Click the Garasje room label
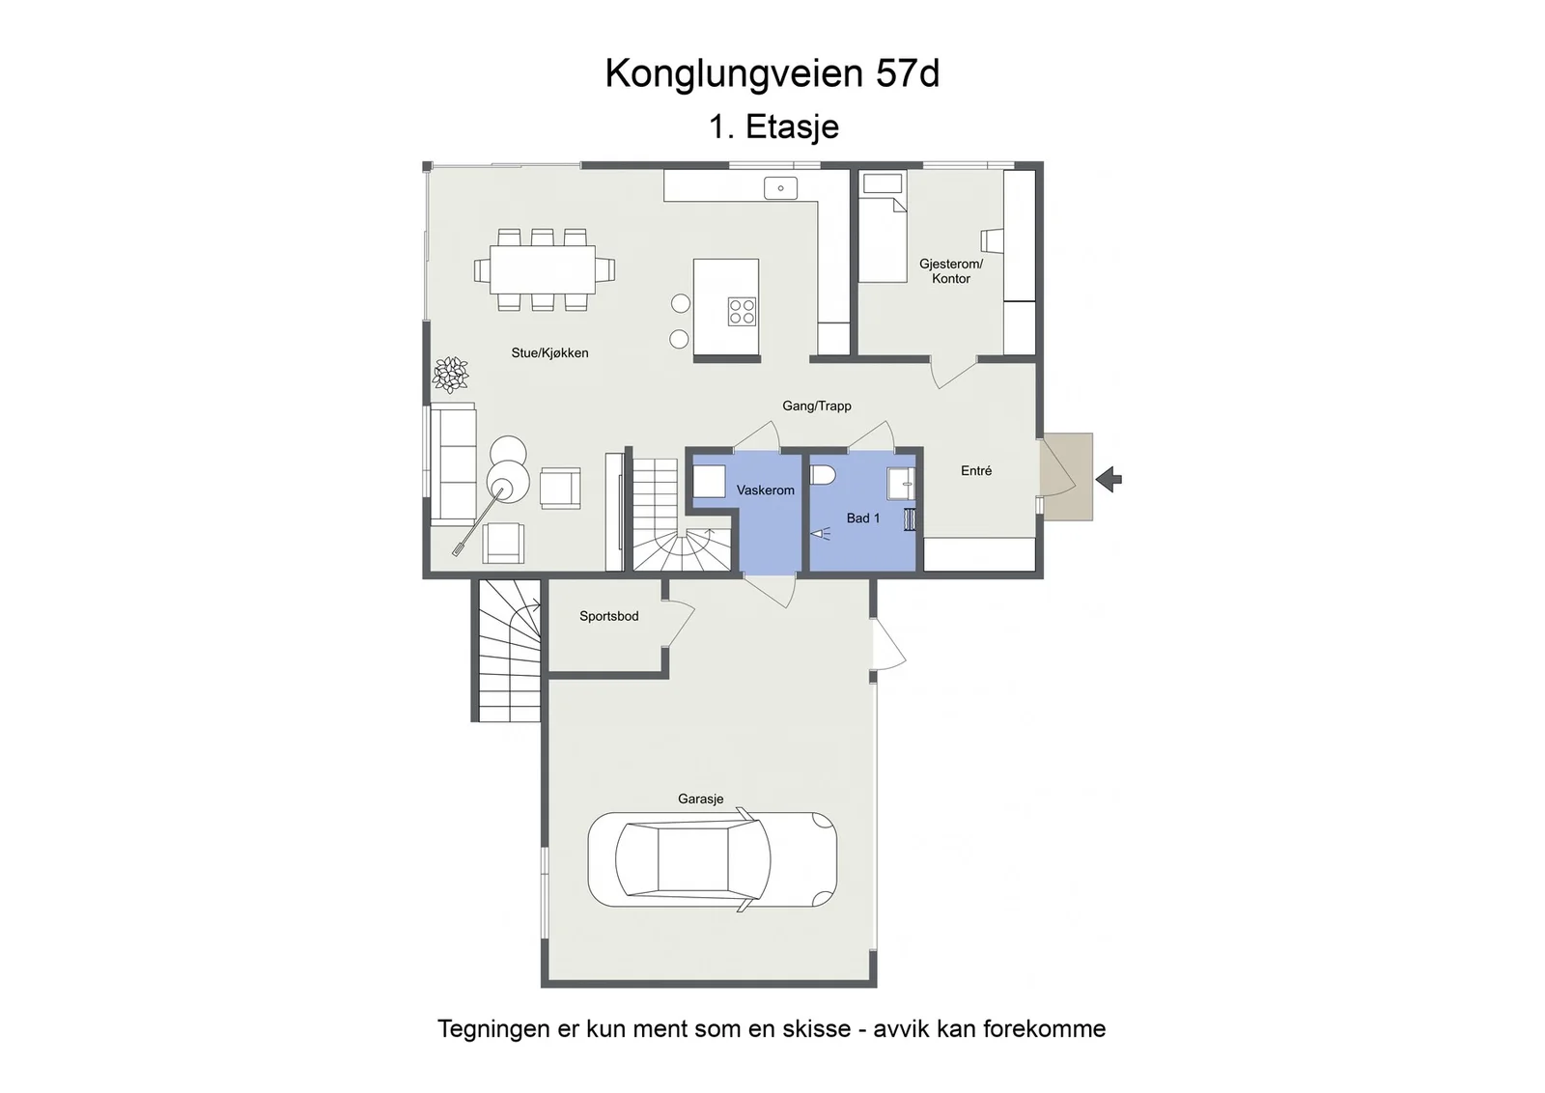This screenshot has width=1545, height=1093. (x=700, y=799)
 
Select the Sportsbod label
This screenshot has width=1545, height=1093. (x=608, y=616)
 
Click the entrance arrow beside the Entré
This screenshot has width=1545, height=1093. (x=1109, y=479)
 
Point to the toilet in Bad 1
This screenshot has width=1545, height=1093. (x=823, y=475)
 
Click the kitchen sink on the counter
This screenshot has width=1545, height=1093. (x=781, y=187)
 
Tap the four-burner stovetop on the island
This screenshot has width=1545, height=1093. (x=742, y=311)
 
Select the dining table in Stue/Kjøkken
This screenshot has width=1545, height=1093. (x=543, y=269)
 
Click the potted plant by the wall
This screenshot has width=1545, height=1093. (x=450, y=376)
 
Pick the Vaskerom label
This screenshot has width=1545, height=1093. (x=765, y=490)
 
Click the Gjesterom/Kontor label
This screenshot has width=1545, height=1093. (x=950, y=271)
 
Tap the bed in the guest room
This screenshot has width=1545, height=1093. (x=883, y=227)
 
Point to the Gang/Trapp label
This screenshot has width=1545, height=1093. (x=817, y=406)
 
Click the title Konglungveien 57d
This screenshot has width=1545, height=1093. (x=772, y=73)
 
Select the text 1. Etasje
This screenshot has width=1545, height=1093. (x=773, y=126)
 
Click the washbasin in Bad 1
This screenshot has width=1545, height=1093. (x=901, y=484)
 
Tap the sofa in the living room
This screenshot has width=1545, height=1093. (x=453, y=463)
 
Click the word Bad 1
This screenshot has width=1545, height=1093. (x=863, y=518)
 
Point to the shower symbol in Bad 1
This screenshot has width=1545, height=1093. (x=820, y=533)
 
